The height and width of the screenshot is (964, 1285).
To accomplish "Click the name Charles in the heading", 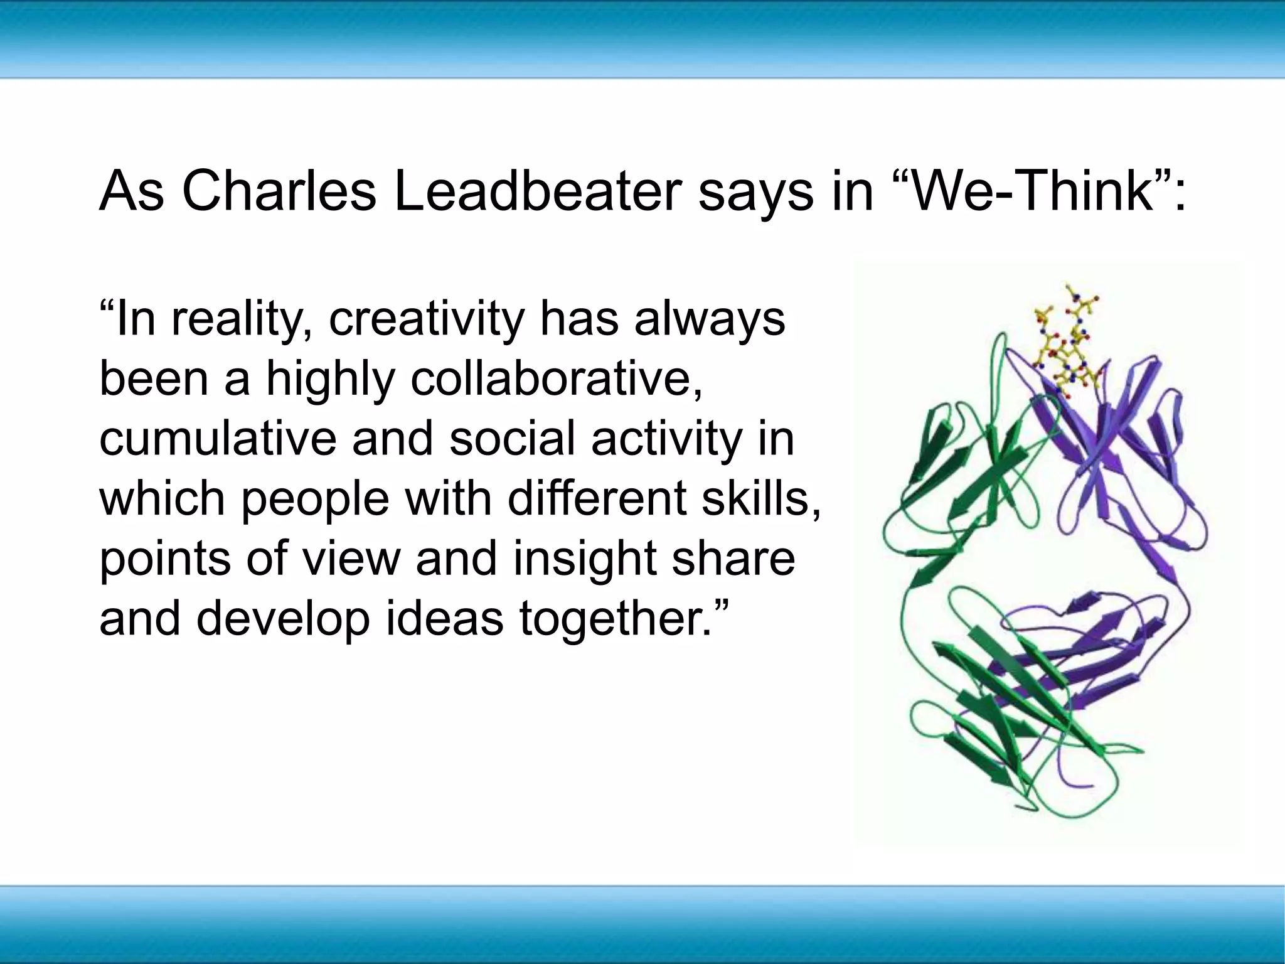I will coord(279,191).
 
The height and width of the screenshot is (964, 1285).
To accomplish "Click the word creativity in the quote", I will coord(427,321).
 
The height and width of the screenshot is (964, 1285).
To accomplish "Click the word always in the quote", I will coord(709,321).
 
